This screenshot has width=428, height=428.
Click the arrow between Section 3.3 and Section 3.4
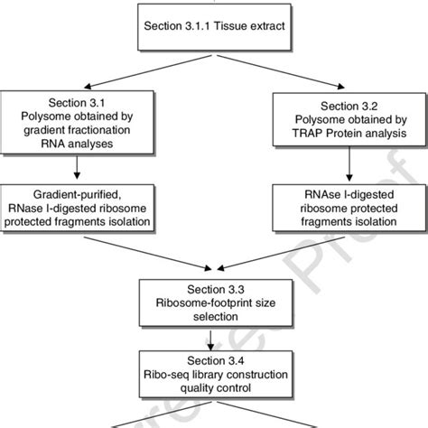[213, 340]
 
